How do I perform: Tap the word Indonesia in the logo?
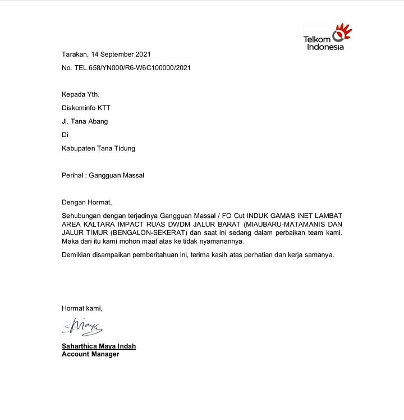click(x=325, y=47)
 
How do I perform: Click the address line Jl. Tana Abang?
click(x=85, y=121)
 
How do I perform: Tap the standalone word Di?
click(x=65, y=135)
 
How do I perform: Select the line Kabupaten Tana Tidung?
click(x=98, y=148)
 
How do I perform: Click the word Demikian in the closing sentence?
click(x=77, y=255)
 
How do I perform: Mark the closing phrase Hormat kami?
click(x=82, y=308)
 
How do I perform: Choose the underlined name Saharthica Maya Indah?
click(x=99, y=346)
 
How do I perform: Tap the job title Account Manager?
click(x=90, y=354)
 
